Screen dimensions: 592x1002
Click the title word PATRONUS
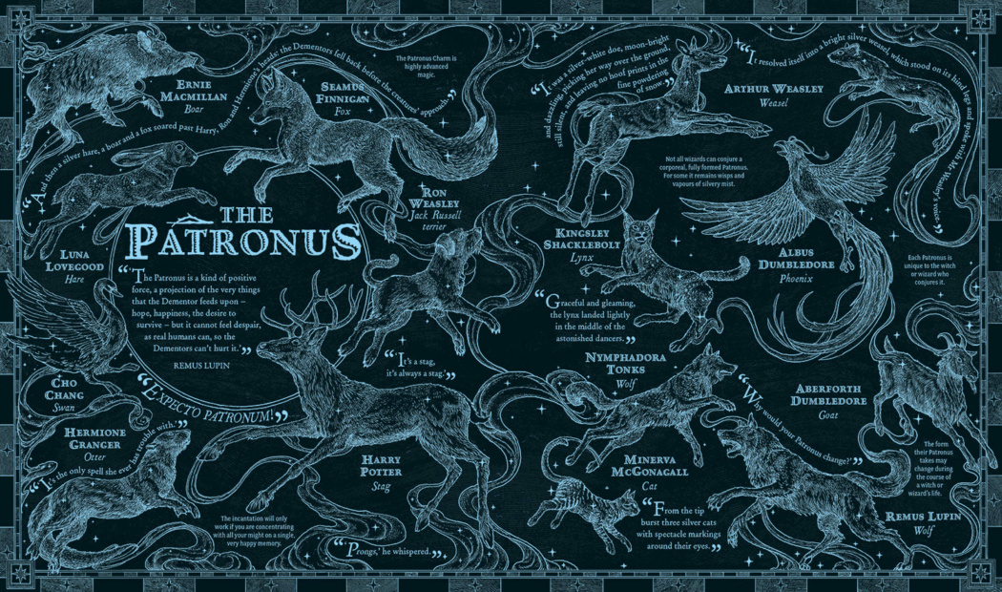(x=246, y=242)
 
